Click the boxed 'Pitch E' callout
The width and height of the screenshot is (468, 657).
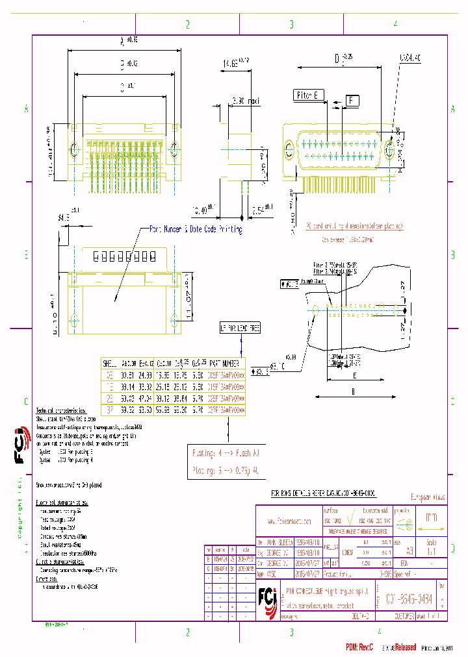[309, 95]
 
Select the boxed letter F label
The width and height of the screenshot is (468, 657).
[352, 101]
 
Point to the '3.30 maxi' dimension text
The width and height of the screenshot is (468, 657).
[246, 101]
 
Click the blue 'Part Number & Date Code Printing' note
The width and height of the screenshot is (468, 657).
[196, 229]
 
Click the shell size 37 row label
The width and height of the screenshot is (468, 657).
[109, 410]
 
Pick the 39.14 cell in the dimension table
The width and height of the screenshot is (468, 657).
[129, 386]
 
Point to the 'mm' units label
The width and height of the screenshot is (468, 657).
[430, 518]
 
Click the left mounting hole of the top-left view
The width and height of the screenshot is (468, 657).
[73, 150]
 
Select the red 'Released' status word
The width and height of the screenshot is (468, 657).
[404, 647]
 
